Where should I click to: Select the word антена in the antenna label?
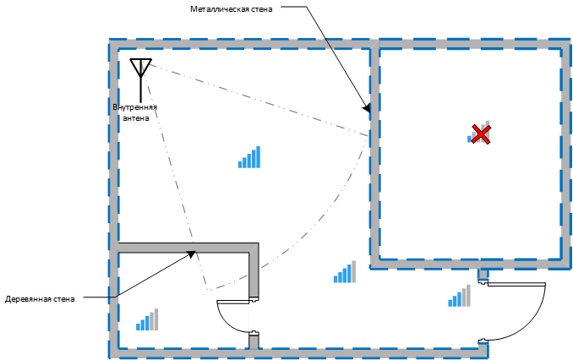(x=135, y=118)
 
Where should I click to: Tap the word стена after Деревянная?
(x=64, y=299)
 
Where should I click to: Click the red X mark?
(x=481, y=134)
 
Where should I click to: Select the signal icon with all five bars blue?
(x=249, y=157)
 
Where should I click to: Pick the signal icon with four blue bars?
(x=344, y=271)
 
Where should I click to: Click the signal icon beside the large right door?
(x=459, y=296)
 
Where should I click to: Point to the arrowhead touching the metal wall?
(x=367, y=109)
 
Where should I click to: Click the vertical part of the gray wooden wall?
(x=254, y=270)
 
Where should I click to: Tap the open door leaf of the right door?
(x=516, y=285)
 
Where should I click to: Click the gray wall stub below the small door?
(x=254, y=341)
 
